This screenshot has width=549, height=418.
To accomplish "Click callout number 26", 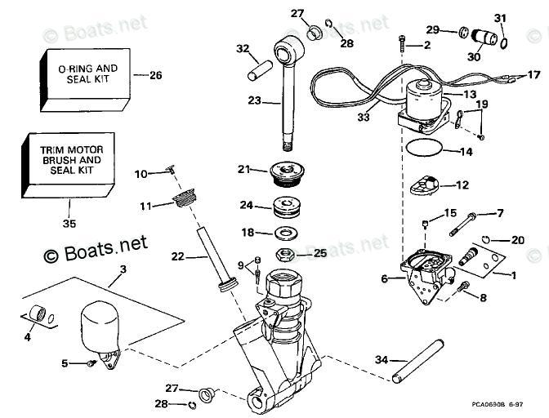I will click(155, 75).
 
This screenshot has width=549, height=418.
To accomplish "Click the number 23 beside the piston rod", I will click(254, 100).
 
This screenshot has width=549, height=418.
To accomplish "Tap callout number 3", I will click(123, 269).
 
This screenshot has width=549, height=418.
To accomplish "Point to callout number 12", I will click(462, 185).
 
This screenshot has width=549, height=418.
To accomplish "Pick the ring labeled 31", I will click(502, 42).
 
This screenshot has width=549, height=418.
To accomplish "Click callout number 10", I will click(141, 173).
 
